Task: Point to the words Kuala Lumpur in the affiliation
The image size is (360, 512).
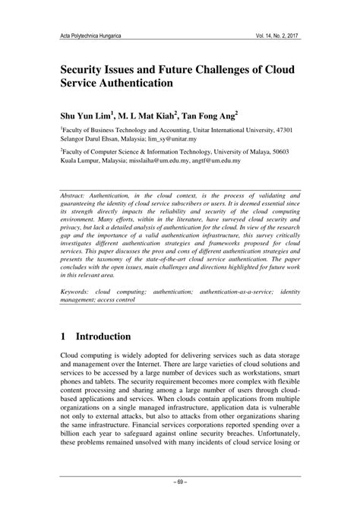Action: click(x=81, y=161)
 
